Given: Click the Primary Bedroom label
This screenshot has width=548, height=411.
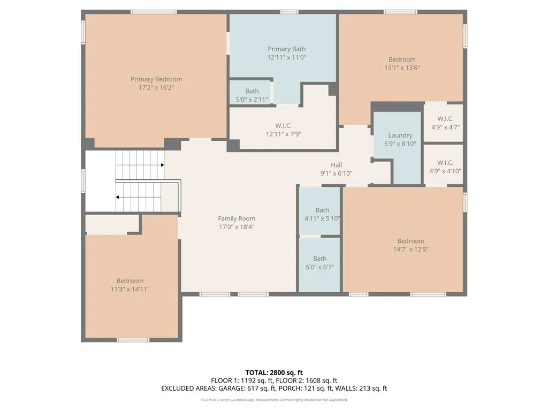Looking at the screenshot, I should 156,79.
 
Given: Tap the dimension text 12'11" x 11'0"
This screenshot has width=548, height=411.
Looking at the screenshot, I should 287,58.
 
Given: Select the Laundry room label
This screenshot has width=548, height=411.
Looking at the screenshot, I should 400,135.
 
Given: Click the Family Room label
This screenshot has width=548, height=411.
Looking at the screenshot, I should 237,218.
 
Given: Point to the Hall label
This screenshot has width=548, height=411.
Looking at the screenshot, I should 336,165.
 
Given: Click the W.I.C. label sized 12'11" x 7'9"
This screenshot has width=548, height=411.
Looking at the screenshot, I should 284,125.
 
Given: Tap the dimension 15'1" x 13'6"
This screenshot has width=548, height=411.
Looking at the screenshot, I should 401,68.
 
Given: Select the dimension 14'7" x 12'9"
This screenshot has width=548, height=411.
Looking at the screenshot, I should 410,249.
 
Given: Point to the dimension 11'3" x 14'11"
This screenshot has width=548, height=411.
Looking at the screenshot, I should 130,289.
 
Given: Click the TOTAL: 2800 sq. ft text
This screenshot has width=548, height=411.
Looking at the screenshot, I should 274,372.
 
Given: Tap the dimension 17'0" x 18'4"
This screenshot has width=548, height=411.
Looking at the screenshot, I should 237,227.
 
